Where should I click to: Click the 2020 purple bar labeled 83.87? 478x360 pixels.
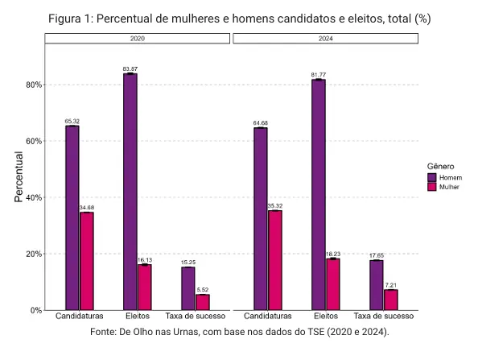[130, 192]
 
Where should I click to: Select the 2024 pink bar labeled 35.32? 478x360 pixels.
[275, 260]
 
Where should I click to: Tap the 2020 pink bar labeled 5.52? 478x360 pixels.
[203, 302]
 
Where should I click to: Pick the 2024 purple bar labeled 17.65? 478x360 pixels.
[376, 285]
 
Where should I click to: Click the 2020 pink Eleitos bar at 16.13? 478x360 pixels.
[145, 288]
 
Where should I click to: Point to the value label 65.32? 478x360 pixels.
[72, 122]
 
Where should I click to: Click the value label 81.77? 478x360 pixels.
[319, 75]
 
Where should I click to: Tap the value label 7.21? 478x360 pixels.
[391, 285]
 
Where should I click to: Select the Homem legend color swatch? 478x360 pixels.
[432, 177]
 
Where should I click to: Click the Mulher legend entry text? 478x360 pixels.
[449, 187]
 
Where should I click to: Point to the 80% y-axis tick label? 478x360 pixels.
[34, 85]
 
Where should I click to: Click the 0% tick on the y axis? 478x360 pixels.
[36, 311]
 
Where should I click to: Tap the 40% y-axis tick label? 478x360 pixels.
[34, 197]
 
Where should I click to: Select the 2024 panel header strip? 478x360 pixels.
[326, 39]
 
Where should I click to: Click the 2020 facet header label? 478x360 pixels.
[138, 39]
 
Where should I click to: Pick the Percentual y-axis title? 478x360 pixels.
[19, 176]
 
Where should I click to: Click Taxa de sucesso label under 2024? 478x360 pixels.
[384, 316]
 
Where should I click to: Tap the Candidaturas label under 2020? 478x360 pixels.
[79, 316]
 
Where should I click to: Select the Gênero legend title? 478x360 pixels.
[440, 166]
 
